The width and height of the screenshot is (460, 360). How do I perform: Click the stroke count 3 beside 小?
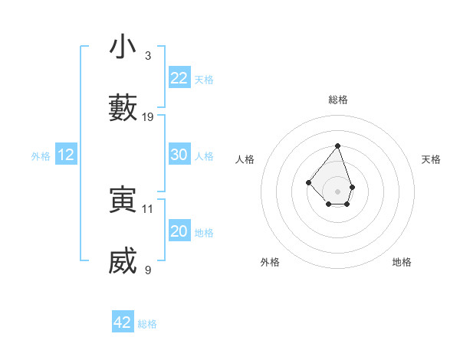[148, 56]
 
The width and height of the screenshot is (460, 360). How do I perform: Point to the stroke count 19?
[148, 117]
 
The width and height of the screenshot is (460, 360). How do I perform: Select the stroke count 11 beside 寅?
[148, 208]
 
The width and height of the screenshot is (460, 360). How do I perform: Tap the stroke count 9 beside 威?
[148, 270]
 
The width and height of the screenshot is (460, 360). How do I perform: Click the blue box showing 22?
[179, 78]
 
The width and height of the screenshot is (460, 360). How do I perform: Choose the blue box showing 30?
[179, 155]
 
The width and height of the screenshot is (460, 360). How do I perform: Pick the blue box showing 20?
[179, 231]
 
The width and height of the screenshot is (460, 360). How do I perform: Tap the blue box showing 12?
[66, 155]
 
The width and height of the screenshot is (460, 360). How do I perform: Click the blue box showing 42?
[123, 322]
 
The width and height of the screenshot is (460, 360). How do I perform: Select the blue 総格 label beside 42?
[147, 324]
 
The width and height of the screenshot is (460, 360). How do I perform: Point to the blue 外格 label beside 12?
[41, 156]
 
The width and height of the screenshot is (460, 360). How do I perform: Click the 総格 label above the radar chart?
[338, 100]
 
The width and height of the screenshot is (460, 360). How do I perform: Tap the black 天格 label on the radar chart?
[432, 159]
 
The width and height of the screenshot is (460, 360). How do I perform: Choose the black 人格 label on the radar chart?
[245, 159]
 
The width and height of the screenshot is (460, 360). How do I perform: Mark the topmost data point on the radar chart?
[337, 146]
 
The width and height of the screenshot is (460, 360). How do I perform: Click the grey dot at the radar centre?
[337, 191]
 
